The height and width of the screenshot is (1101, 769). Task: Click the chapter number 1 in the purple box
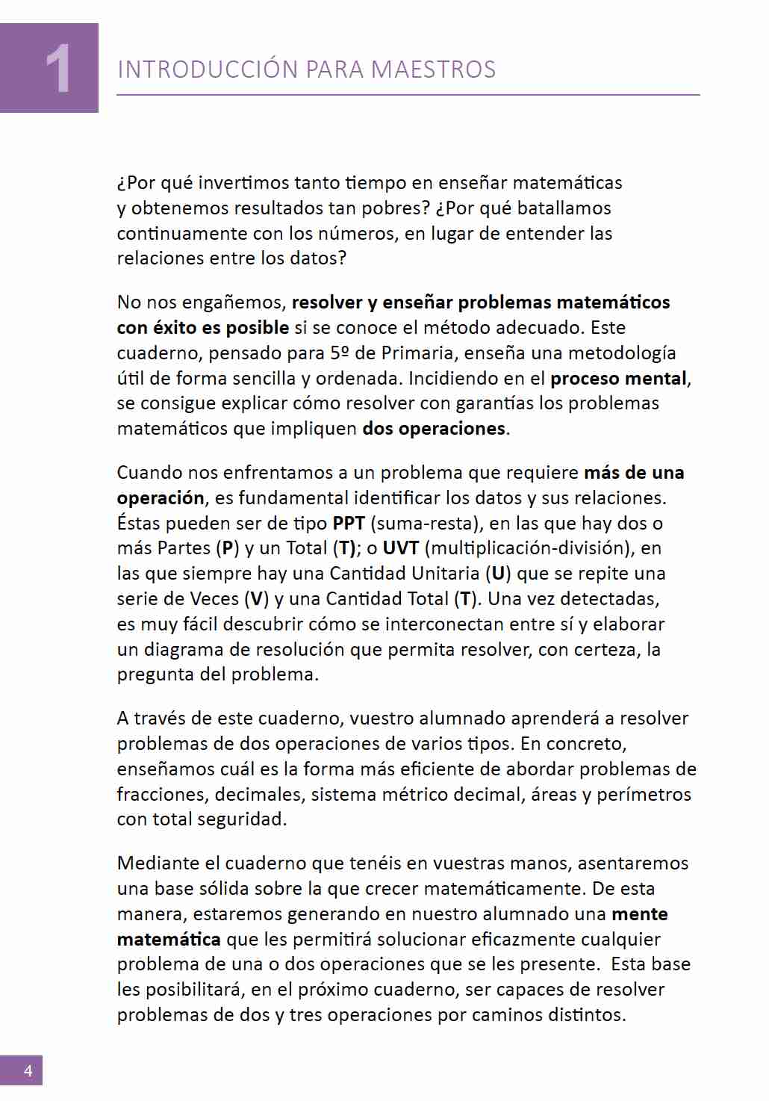pyautogui.click(x=58, y=69)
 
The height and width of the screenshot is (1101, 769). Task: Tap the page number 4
pyautogui.click(x=28, y=1070)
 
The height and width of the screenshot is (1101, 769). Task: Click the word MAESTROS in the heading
pyautogui.click(x=433, y=69)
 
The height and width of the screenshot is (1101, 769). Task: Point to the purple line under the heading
pyautogui.click(x=408, y=95)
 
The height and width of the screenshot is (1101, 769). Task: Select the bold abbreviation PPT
pyautogui.click(x=348, y=523)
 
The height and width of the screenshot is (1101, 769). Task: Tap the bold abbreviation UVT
pyautogui.click(x=401, y=548)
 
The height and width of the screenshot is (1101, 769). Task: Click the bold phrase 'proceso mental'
pyautogui.click(x=618, y=378)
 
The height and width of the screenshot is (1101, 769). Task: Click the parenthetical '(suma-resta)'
pyautogui.click(x=424, y=523)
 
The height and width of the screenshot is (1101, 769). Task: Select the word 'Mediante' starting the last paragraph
pyautogui.click(x=158, y=863)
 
